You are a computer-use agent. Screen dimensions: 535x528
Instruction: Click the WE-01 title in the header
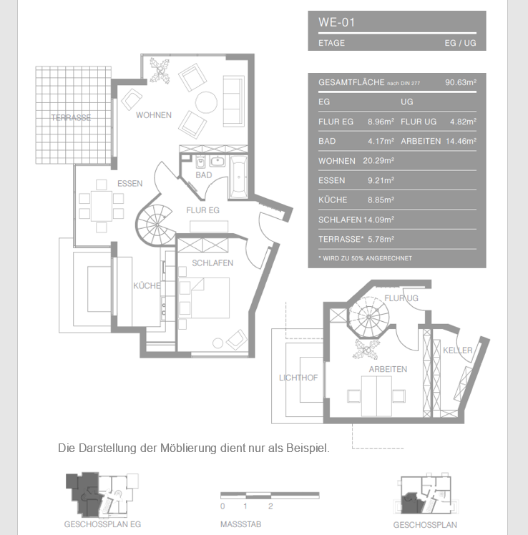click(336, 22)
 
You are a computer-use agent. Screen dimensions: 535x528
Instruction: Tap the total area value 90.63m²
click(460, 83)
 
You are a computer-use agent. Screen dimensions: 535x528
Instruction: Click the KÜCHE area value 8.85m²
click(381, 200)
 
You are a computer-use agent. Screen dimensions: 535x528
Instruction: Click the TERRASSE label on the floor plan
click(71, 118)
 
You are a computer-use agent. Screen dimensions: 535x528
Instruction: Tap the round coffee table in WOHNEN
click(207, 104)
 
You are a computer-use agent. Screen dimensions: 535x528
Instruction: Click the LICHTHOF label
click(298, 378)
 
